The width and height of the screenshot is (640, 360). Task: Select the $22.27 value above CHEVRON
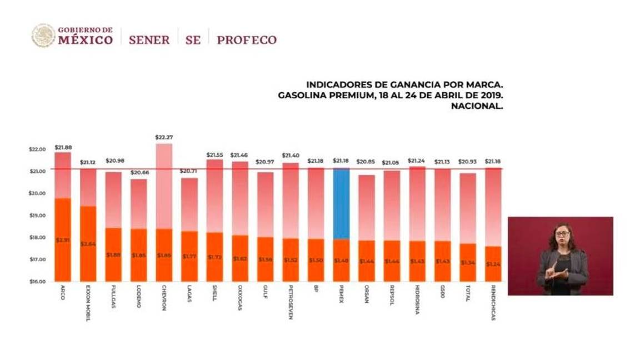(163, 137)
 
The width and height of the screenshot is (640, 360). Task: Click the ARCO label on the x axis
(62, 294)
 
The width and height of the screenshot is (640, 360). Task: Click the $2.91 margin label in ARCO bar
(62, 240)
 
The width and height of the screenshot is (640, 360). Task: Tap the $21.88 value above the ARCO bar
(63, 147)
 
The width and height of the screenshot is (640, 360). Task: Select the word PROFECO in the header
(247, 40)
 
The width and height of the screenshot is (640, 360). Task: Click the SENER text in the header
(149, 40)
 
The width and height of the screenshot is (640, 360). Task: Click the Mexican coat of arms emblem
(43, 36)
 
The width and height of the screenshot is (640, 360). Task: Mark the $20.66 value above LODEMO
(139, 173)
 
